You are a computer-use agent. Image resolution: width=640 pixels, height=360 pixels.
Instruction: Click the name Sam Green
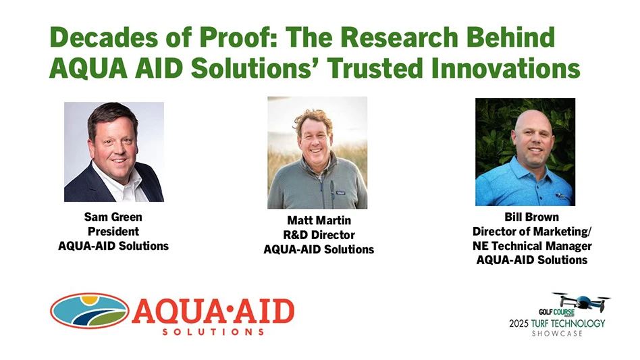[x=113, y=217]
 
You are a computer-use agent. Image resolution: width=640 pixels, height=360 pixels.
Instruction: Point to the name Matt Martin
[x=319, y=220]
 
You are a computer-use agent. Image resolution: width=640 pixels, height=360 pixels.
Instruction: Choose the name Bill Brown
[x=531, y=217]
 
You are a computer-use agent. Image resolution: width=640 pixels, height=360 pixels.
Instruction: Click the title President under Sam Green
[x=113, y=232]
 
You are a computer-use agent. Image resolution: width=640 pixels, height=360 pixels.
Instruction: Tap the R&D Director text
[x=319, y=234]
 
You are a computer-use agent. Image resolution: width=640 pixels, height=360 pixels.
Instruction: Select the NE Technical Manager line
[x=532, y=246]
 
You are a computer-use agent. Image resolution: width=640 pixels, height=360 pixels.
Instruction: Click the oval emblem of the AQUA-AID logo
[x=90, y=311]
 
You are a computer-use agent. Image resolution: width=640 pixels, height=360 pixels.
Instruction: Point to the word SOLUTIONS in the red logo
[x=213, y=332]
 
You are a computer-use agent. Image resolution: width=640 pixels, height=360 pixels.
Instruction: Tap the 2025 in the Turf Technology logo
[x=518, y=324]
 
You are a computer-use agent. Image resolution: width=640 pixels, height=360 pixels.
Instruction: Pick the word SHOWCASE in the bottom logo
[x=557, y=334]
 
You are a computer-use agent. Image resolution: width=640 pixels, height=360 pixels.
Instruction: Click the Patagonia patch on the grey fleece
[x=341, y=192]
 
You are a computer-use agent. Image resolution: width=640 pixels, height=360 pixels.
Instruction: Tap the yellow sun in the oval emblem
[x=89, y=301]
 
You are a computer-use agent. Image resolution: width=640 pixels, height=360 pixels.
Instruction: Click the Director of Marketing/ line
[x=532, y=232]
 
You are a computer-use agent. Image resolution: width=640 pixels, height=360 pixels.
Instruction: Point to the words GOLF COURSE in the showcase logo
[x=556, y=312]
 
